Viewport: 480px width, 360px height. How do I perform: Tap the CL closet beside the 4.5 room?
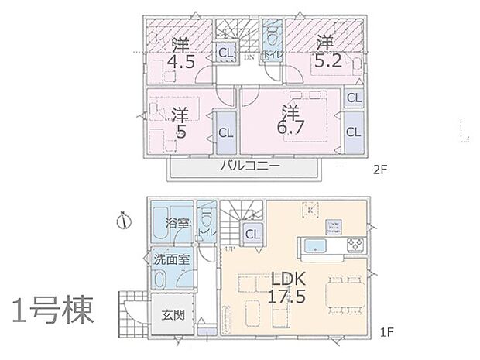point(225,53)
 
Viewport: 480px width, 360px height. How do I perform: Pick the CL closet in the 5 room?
point(225,132)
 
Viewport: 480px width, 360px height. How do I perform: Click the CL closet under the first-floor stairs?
point(252,235)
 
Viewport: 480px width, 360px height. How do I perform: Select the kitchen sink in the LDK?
point(315,247)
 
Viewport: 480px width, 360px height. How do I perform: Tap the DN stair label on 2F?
point(249,57)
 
